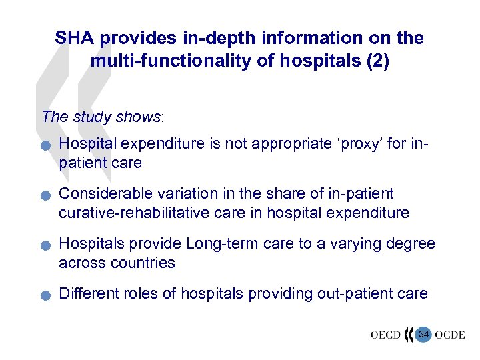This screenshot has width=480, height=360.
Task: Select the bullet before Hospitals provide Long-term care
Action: click(44, 246)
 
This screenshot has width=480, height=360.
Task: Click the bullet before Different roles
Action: click(44, 295)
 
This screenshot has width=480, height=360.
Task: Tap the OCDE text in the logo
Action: click(450, 335)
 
